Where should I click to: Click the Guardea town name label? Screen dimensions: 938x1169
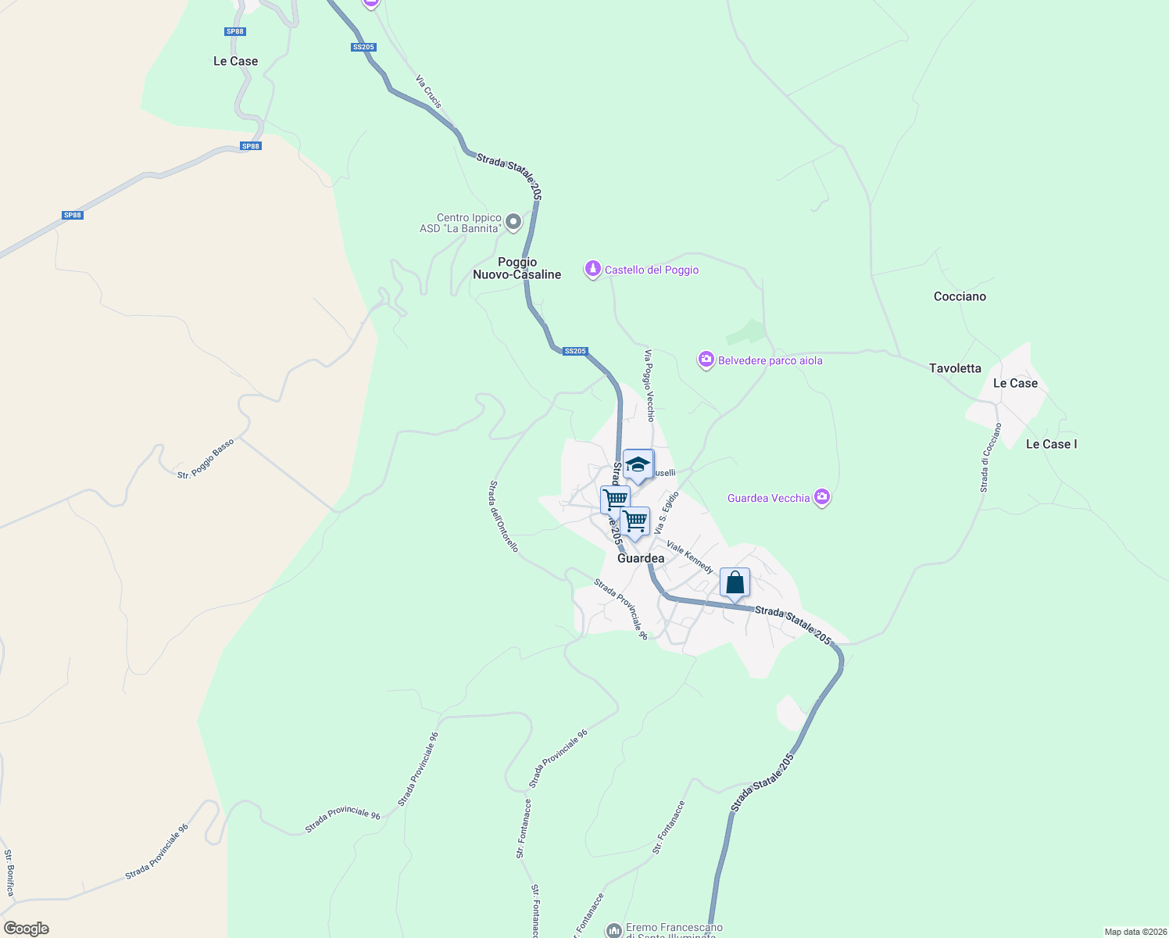pyautogui.click(x=641, y=558)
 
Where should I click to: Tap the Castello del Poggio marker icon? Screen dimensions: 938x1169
pyautogui.click(x=593, y=270)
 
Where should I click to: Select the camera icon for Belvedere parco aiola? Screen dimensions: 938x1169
pyautogui.click(x=706, y=360)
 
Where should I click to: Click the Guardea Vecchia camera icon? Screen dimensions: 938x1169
pyautogui.click(x=821, y=497)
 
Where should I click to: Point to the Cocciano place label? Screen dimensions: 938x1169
pyautogui.click(x=960, y=296)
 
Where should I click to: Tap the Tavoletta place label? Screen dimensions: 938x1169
pyautogui.click(x=955, y=368)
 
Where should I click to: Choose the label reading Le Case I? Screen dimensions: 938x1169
pyautogui.click(x=1051, y=444)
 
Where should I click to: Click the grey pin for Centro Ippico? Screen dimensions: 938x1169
pyautogui.click(x=513, y=223)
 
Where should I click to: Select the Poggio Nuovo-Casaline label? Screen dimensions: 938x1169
pyautogui.click(x=517, y=268)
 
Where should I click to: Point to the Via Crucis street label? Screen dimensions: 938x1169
pyautogui.click(x=428, y=91)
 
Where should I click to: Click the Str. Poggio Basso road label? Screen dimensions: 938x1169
pyautogui.click(x=206, y=459)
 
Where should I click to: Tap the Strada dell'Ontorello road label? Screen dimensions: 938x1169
pyautogui.click(x=503, y=516)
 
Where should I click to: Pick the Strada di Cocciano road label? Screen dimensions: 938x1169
pyautogui.click(x=991, y=458)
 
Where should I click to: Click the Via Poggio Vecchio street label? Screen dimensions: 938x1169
pyautogui.click(x=649, y=385)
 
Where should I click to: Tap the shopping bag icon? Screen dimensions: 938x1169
pyautogui.click(x=735, y=582)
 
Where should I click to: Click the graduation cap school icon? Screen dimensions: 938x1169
pyautogui.click(x=638, y=464)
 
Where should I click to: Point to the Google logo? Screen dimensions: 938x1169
pyautogui.click(x=27, y=929)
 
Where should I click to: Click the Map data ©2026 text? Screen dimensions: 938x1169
pyautogui.click(x=1134, y=932)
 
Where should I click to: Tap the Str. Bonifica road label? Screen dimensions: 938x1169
pyautogui.click(x=9, y=872)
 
